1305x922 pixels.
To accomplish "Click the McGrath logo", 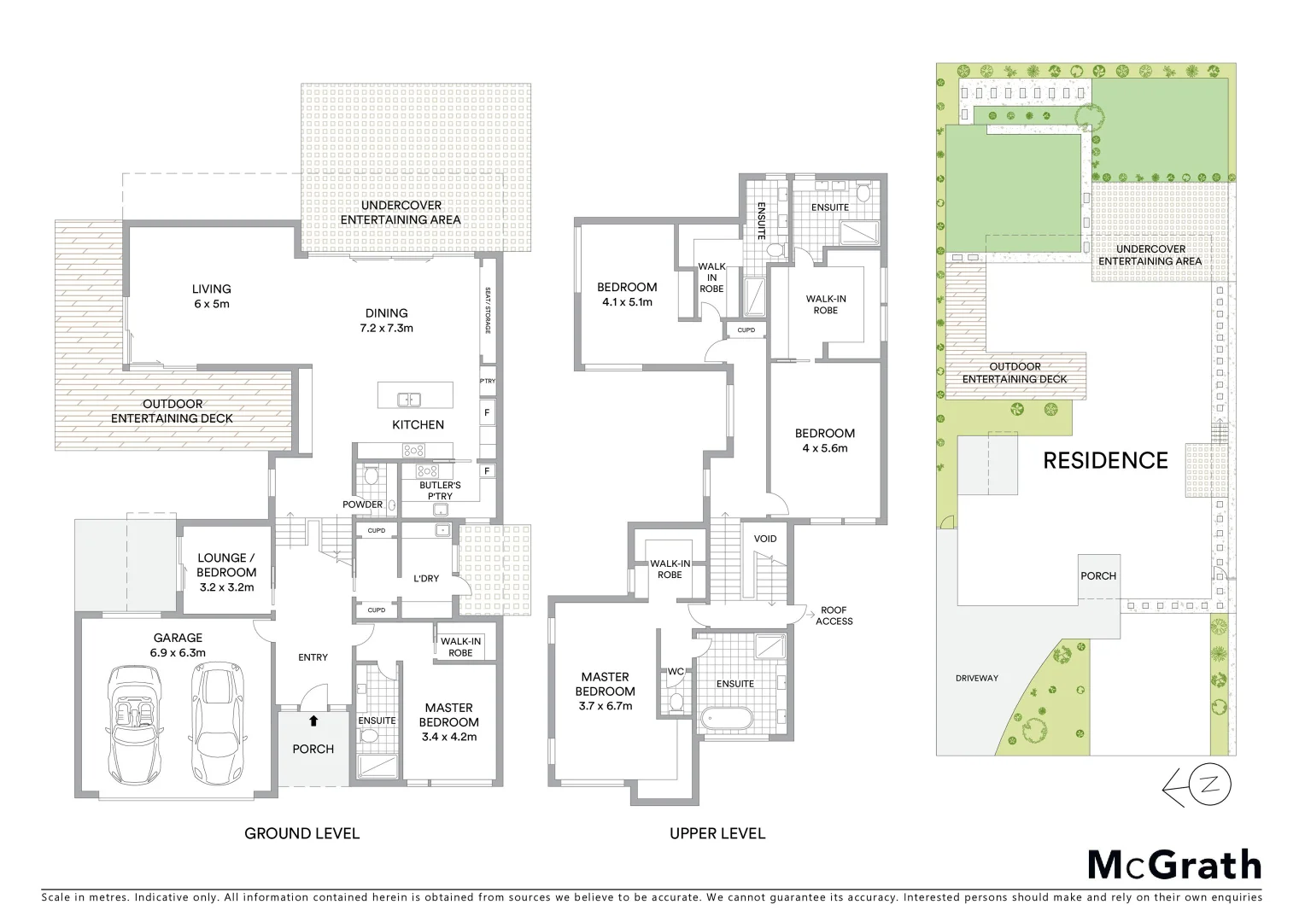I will click(1173, 865).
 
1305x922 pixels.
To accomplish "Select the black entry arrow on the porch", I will click(313, 721).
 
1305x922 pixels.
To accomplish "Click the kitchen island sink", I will click(409, 400).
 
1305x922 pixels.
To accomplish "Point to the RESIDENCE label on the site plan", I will click(1105, 461).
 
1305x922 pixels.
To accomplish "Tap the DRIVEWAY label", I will click(977, 678).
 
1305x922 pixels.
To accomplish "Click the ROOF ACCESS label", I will click(834, 616).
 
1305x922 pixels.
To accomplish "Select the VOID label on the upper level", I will click(765, 539).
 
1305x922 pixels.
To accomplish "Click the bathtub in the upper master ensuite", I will click(723, 719).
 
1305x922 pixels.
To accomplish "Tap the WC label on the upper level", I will click(676, 672).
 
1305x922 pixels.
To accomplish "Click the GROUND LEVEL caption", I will click(302, 833).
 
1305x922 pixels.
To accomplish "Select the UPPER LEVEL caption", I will click(717, 833).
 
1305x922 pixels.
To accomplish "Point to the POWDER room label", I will click(363, 505).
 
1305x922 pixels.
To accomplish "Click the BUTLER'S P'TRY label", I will click(439, 491).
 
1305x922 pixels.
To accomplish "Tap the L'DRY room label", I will click(425, 579).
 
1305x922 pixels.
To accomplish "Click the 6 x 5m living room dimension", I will click(211, 304).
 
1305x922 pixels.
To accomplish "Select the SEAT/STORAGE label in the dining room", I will click(489, 310).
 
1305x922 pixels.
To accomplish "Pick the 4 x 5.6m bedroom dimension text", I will click(824, 448).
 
